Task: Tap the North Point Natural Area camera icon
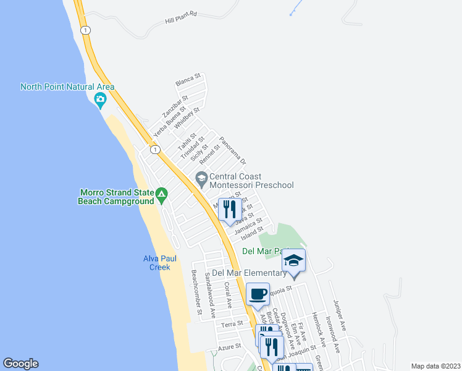pyautogui.click(x=100, y=99)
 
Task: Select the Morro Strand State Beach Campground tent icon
pyautogui.click(x=161, y=196)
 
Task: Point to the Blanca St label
pyautogui.click(x=188, y=79)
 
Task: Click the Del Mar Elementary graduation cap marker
pyautogui.click(x=294, y=262)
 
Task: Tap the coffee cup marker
pyautogui.click(x=258, y=294)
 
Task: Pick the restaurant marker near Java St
pyautogui.click(x=230, y=210)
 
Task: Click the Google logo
pyautogui.click(x=20, y=363)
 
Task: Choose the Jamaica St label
pyautogui.click(x=248, y=226)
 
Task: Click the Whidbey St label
pyautogui.click(x=187, y=117)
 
